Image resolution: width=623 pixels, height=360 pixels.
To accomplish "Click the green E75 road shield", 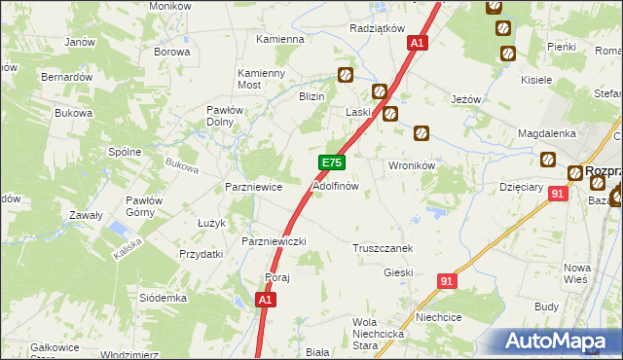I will [332, 163].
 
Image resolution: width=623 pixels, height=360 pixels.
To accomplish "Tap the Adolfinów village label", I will [336, 185].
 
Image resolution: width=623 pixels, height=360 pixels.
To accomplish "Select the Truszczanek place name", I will [383, 248].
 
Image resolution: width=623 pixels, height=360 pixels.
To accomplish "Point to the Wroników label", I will [411, 165].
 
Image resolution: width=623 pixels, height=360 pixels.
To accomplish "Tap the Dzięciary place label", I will [519, 186].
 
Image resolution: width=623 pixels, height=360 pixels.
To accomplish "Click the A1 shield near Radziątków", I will [417, 44].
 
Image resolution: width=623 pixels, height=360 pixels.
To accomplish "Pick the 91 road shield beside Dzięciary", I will [557, 195].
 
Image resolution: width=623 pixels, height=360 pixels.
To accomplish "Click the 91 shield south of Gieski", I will [446, 281].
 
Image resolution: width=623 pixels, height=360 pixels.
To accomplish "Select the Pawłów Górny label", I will [143, 206].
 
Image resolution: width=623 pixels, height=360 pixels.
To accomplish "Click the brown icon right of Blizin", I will [345, 74].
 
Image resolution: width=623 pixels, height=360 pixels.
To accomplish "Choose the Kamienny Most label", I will [262, 79].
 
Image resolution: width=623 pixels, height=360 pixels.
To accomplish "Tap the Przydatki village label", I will [202, 253].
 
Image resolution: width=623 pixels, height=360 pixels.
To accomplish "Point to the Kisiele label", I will [536, 80].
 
